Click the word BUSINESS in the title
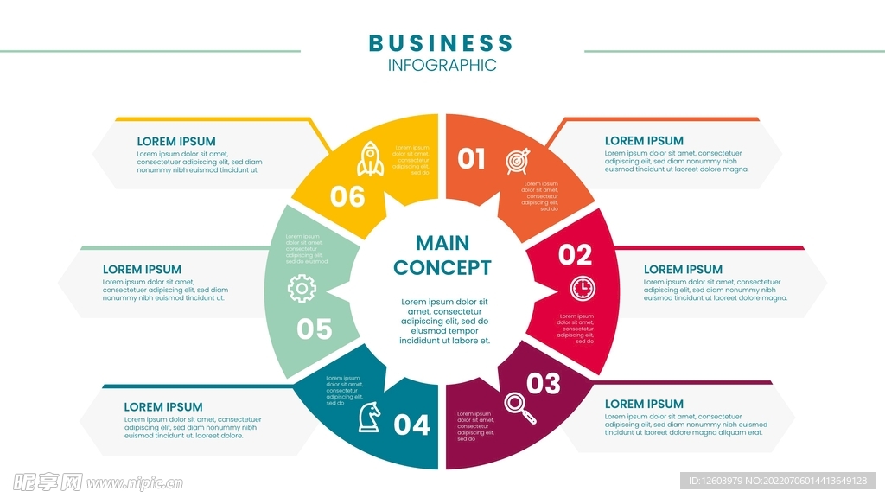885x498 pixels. [441, 42]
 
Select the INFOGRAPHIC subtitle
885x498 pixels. [442, 65]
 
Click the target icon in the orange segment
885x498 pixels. [518, 161]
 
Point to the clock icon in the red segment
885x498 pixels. [583, 288]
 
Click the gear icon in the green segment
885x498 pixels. [302, 288]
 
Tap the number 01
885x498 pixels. [472, 159]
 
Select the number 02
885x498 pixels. [576, 255]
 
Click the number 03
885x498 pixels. [543, 382]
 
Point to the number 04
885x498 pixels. [411, 425]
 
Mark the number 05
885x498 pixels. [315, 329]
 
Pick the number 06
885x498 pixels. [347, 197]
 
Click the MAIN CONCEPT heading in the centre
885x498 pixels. [442, 255]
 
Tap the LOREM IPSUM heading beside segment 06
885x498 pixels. [176, 142]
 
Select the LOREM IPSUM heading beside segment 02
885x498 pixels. [683, 269]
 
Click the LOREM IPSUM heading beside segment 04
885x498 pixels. [163, 406]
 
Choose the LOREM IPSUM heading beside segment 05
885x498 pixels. [142, 269]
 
